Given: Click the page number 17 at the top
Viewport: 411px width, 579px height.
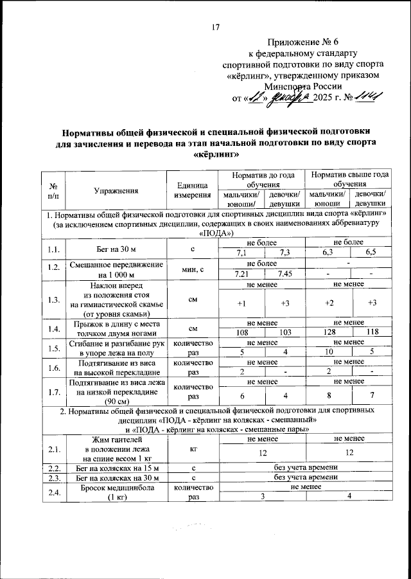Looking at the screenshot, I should coord(216,27).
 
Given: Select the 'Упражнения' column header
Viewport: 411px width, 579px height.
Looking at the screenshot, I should coord(116,190).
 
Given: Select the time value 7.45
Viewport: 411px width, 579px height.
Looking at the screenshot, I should coord(284,274).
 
